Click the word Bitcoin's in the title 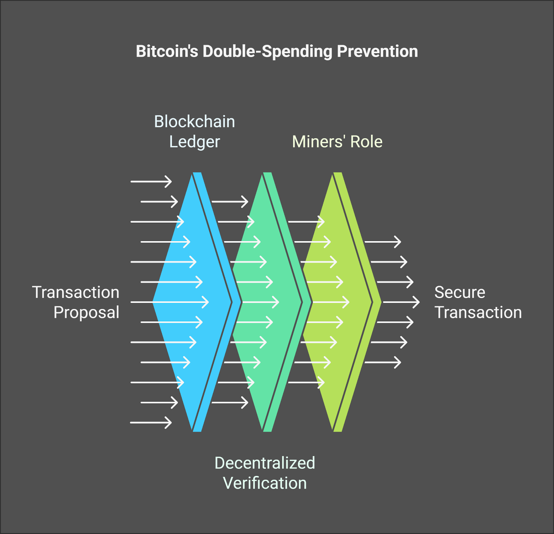167,51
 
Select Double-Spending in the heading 268,52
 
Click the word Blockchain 195,122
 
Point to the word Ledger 195,142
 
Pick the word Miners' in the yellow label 319,141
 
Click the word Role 366,142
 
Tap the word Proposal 87,312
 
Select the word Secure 460,292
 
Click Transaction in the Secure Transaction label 478,312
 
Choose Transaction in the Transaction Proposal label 76,292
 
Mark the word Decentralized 265,463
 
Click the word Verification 265,483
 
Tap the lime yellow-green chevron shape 338,302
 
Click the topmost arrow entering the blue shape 151,181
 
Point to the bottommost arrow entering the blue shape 151,422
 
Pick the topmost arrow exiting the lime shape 383,242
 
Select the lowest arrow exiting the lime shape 383,362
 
